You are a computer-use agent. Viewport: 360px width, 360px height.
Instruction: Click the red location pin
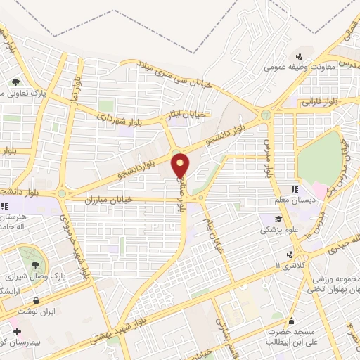(181, 165)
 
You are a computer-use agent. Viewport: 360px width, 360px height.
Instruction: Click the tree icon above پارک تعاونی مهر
(15, 82)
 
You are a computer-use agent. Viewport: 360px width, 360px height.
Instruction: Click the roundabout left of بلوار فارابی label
(266, 115)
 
